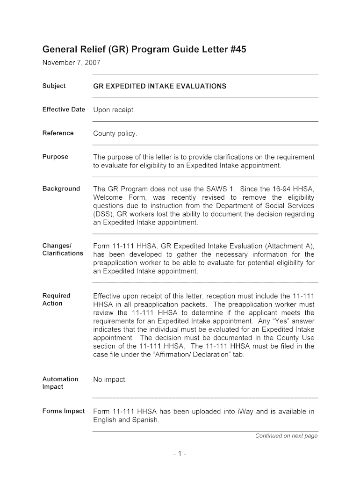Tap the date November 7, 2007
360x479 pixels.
[x=72, y=62]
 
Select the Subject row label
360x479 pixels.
[x=54, y=86]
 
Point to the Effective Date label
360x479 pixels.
[x=64, y=109]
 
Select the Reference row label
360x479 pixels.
[x=58, y=133]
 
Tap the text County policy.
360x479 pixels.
[x=115, y=134]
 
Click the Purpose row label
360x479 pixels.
[x=55, y=157]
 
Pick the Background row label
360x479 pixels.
[x=61, y=189]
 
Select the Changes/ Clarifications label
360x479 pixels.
[x=63, y=249]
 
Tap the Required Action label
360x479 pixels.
[x=56, y=299]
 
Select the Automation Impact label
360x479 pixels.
[x=60, y=383]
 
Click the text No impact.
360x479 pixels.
[x=110, y=379]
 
